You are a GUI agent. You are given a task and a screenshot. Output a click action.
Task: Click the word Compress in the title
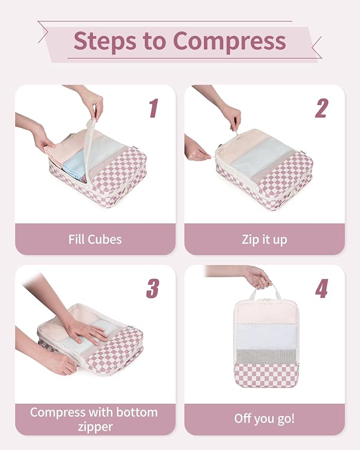coord(230,41)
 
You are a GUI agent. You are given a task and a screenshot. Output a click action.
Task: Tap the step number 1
coord(154,108)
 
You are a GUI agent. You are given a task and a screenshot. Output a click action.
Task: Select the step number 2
coord(322,108)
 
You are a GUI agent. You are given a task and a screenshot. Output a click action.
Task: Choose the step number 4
coord(322,288)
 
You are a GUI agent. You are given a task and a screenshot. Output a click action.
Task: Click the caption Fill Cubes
coord(95,239)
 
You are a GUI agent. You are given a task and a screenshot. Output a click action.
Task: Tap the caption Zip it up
coord(264,239)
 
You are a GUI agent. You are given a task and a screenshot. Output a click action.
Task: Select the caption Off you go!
coord(264,419)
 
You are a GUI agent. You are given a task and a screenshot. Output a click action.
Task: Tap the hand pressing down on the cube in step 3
coord(85,331)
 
